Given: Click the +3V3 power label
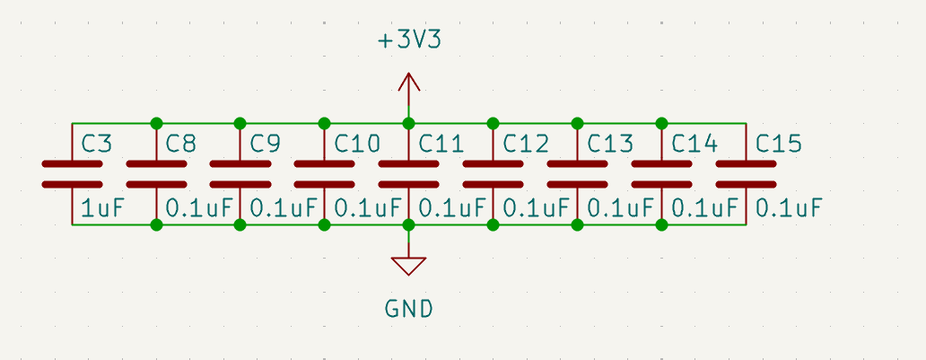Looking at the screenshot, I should (409, 40).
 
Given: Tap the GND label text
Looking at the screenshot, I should (409, 310).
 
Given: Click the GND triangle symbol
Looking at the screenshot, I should (409, 266).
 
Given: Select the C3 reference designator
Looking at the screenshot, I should (97, 144).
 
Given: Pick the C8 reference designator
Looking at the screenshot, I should (181, 144).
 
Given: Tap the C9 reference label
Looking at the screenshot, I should (266, 144).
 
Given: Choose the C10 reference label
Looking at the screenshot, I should (357, 144).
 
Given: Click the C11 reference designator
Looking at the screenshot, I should (441, 144).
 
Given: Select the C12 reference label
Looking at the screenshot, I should (526, 144).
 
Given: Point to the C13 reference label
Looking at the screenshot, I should (610, 144).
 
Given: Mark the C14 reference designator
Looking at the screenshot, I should (694, 144).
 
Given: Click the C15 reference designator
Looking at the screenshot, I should (779, 144).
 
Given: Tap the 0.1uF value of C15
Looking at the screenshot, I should (789, 208).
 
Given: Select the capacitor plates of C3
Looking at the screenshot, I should (72, 174).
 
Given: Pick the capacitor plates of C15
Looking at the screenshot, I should (747, 174).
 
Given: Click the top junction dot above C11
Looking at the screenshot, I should (409, 123).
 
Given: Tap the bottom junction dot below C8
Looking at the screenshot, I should (156, 224).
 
